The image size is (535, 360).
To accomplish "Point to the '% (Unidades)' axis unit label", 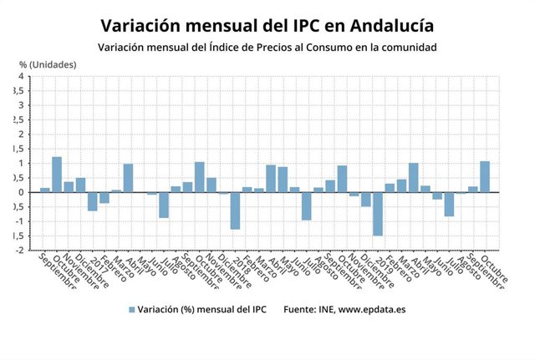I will [47, 64].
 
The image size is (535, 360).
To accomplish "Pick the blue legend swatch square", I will [130, 310].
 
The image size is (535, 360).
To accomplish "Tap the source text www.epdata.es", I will [372, 310].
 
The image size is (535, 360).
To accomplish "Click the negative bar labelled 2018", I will [235, 210].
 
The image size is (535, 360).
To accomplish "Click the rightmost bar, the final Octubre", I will [485, 176].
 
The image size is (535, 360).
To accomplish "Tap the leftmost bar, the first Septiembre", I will [45, 190].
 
